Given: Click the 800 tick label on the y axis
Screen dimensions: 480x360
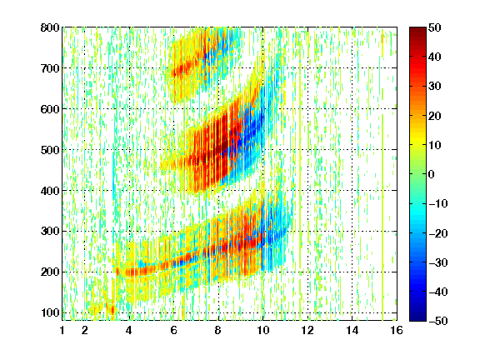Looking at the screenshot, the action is [50, 27].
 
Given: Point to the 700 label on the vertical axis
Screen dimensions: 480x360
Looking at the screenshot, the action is [50, 68].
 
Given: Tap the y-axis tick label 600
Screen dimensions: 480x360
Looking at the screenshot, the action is [50, 109].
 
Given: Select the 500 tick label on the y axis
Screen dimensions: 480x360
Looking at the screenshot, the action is [50, 150].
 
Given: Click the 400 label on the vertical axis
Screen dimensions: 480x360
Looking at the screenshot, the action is [50, 191].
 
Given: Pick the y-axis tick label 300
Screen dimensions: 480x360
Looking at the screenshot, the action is [50, 232].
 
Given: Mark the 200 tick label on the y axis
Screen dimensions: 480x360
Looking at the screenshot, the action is [50, 272].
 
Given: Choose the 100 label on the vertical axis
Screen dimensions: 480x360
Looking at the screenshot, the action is [50, 312].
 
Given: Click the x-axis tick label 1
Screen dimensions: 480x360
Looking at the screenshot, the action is [62, 330].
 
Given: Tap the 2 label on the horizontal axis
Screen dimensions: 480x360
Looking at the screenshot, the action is [85, 330].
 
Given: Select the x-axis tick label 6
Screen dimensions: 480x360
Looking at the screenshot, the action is [174, 330].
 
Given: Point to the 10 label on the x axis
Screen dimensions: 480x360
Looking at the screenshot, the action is [263, 330].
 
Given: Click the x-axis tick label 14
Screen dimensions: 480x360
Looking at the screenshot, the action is [352, 330].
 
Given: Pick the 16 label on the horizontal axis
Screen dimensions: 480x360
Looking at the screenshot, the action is [397, 330].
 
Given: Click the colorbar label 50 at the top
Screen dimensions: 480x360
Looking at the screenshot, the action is [435, 27].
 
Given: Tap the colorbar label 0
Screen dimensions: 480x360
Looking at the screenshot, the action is [432, 174].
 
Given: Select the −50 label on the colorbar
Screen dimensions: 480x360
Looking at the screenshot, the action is [438, 321].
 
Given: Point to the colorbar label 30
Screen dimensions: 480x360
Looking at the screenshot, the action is [435, 86].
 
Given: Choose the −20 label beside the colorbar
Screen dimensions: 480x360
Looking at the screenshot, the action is [438, 233].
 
